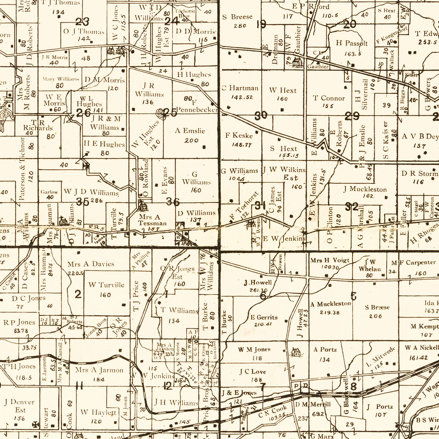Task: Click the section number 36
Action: pyautogui.click(x=173, y=202)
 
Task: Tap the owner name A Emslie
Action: pyautogui.click(x=190, y=131)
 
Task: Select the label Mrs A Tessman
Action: pyautogui.click(x=152, y=220)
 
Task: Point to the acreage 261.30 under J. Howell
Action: pyautogui.click(x=258, y=290)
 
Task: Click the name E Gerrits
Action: pyautogui.click(x=264, y=317)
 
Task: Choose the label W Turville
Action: pyautogui.click(x=106, y=285)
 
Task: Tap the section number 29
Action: pyautogui.click(x=352, y=116)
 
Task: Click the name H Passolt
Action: pyautogui.click(x=352, y=43)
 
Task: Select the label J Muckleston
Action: pyautogui.click(x=365, y=189)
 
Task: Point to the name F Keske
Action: pyautogui.click(x=239, y=135)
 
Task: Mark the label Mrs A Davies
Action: pyautogui.click(x=91, y=264)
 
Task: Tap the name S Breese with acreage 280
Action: pyautogui.click(x=237, y=17)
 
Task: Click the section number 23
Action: pyautogui.click(x=82, y=22)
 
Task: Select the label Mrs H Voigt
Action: pyautogui.click(x=330, y=260)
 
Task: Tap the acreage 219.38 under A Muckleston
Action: pyautogui.click(x=330, y=312)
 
